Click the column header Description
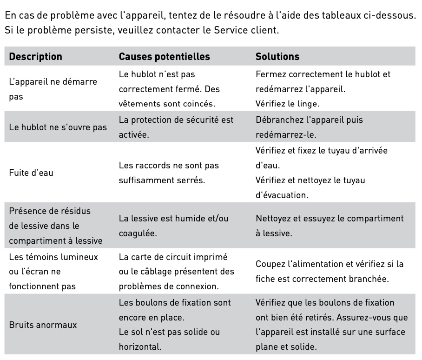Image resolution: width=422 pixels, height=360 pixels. click(x=35, y=57)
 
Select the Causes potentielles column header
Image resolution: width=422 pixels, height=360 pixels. click(x=165, y=57)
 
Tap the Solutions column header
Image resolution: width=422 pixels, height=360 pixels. click(x=277, y=57)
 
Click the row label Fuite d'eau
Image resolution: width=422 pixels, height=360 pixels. click(x=31, y=173)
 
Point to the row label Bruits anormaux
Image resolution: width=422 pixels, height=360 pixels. click(x=43, y=325)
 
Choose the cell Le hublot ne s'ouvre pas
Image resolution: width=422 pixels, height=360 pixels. click(x=58, y=127)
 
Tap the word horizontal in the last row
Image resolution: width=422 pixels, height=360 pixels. click(x=139, y=347)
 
